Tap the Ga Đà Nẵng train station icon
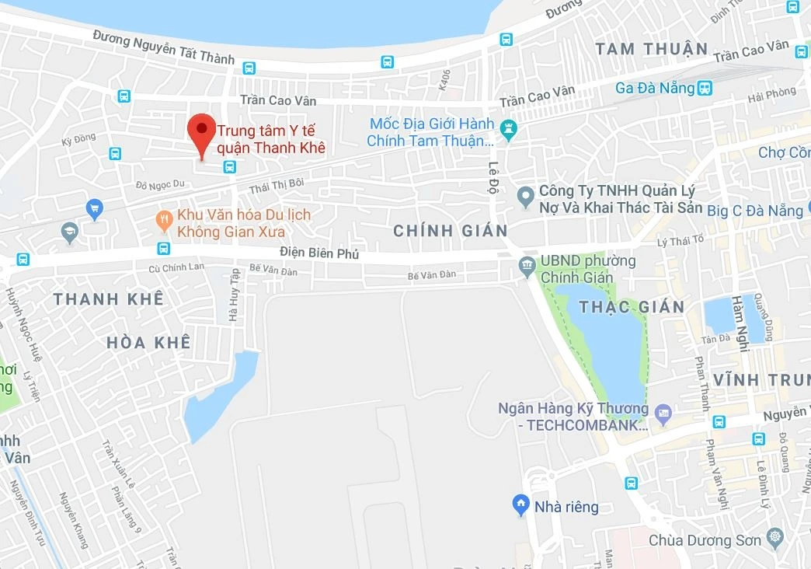705,88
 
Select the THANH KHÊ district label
108,298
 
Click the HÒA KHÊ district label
148,342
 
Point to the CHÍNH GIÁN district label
451,230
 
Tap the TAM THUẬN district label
652,49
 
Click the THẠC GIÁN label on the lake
632,306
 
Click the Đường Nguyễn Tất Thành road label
164,47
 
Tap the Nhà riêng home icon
521,506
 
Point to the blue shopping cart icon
95,208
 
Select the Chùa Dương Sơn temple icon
774,536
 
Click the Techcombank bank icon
663,413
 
